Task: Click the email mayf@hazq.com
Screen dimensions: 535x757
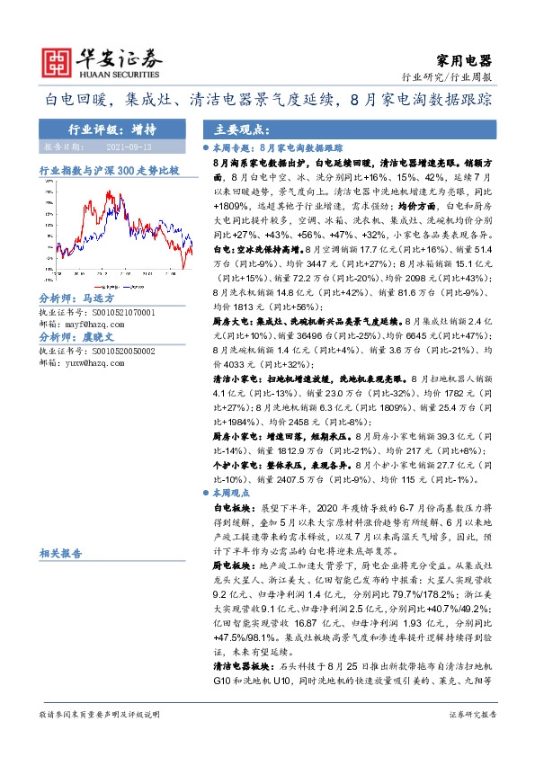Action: point(95,323)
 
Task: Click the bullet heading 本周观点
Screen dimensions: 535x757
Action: point(233,494)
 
